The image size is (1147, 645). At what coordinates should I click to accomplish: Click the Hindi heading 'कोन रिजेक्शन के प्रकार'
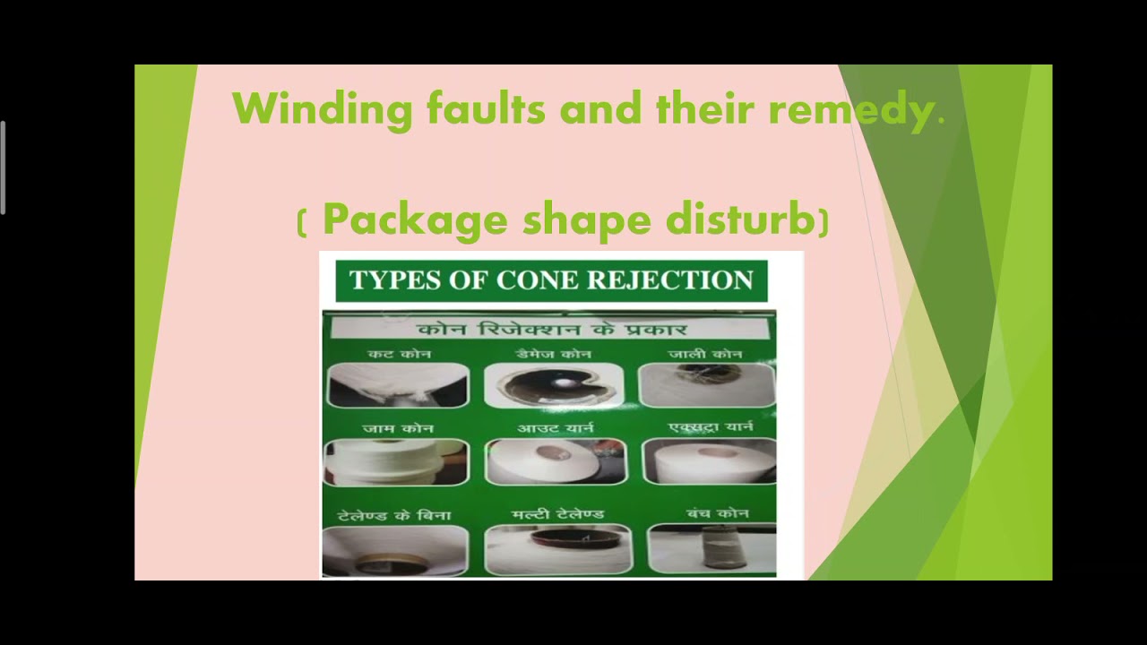[552, 328]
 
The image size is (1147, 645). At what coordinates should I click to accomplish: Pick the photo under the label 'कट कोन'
[397, 385]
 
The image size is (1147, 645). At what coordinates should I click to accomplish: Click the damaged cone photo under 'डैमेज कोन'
[554, 385]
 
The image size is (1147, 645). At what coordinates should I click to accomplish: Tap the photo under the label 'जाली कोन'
[707, 385]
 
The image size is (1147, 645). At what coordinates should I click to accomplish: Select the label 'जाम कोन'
[398, 429]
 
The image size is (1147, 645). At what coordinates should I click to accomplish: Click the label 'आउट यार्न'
[556, 428]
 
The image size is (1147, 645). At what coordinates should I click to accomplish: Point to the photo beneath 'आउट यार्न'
[556, 461]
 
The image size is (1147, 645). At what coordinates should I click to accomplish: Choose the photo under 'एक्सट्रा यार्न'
[709, 461]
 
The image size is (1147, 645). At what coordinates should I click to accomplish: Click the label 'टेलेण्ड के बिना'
[394, 516]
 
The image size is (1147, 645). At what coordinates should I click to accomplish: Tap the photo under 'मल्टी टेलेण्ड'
[557, 548]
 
